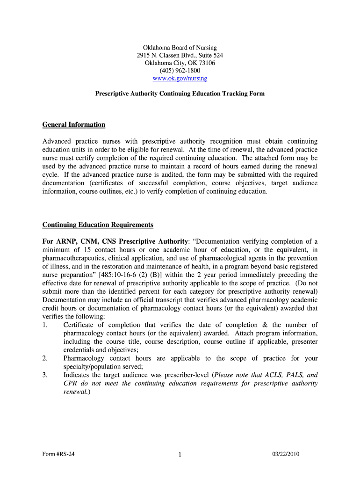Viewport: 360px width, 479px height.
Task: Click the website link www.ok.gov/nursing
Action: click(x=180, y=78)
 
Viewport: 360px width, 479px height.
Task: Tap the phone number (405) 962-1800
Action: click(x=180, y=71)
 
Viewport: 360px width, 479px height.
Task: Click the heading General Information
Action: click(x=74, y=124)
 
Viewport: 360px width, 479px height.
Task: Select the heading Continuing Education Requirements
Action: click(x=98, y=225)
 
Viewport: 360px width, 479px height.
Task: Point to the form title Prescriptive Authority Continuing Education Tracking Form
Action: click(x=180, y=94)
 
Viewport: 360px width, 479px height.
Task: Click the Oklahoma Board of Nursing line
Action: click(x=180, y=48)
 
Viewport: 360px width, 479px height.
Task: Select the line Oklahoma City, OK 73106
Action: click(x=180, y=63)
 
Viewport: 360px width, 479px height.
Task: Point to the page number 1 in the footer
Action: click(x=180, y=455)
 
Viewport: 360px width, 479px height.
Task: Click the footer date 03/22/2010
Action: click(x=286, y=454)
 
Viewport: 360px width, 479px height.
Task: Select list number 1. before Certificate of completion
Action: click(x=45, y=325)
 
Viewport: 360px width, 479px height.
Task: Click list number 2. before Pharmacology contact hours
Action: click(x=45, y=358)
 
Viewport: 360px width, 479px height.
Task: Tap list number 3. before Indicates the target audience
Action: click(x=45, y=375)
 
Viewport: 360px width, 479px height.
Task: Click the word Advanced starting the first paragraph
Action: click(x=56, y=141)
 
